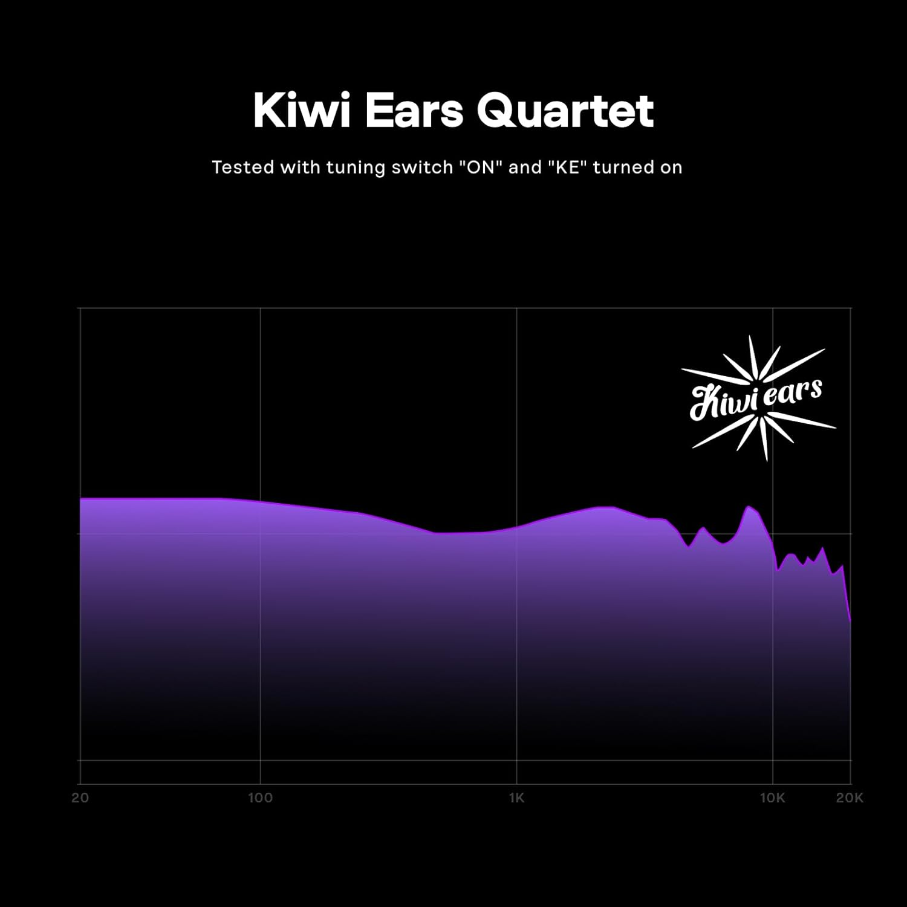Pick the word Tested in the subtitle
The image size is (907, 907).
point(242,167)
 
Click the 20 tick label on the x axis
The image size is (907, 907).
point(80,798)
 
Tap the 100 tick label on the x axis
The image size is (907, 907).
point(260,798)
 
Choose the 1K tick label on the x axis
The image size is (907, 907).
point(516,798)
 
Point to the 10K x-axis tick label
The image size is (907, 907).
point(772,798)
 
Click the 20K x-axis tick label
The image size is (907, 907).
point(850,798)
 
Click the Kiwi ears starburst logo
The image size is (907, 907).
point(758,398)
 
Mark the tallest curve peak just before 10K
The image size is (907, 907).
point(749,507)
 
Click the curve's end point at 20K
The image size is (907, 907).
point(850,620)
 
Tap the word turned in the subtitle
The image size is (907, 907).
point(623,167)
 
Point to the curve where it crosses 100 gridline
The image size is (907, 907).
point(260,502)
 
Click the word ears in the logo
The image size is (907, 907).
point(792,393)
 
